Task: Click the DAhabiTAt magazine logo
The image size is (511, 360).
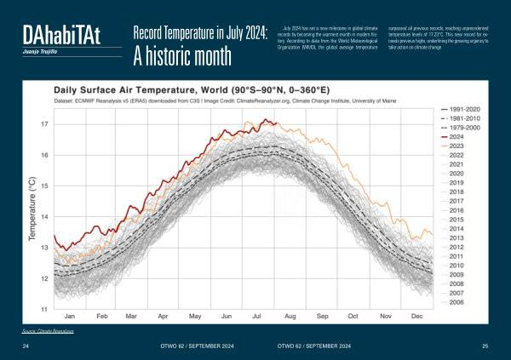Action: [x=61, y=35]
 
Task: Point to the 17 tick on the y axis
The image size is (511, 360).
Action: [x=45, y=124]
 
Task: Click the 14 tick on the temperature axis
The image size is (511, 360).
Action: [x=45, y=216]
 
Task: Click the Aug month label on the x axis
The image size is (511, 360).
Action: [x=290, y=316]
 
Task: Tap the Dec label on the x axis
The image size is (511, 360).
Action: [x=416, y=316]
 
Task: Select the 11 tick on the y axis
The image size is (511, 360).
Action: [x=45, y=308]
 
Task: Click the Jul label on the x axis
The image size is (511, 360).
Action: [x=258, y=316]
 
